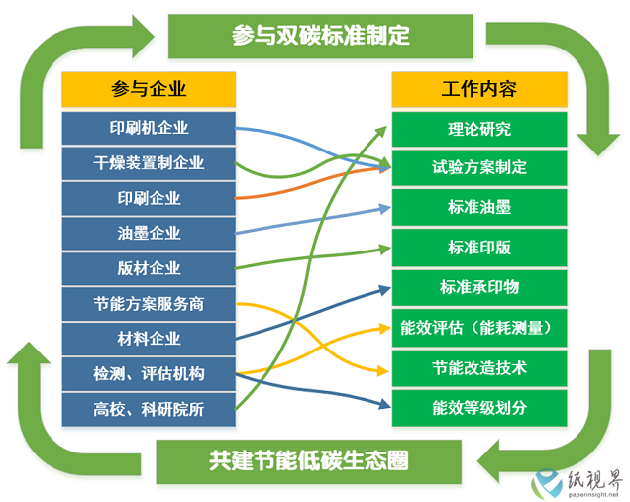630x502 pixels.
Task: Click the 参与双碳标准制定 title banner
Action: tap(320, 37)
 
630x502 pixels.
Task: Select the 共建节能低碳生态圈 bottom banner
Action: tap(309, 461)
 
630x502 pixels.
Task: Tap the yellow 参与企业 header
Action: tap(149, 89)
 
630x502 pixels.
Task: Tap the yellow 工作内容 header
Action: tap(479, 89)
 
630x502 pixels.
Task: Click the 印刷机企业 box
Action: tap(149, 128)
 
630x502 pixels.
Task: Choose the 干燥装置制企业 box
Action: tap(149, 163)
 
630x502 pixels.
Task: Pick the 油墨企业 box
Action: tap(149, 234)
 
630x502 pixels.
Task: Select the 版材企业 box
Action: tap(149, 268)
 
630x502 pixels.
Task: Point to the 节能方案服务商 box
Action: tap(149, 304)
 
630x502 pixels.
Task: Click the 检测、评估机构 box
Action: tap(149, 374)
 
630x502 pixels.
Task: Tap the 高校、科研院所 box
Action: tap(149, 409)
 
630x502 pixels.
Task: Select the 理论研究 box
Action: tap(479, 129)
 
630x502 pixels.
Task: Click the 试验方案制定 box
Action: tap(479, 167)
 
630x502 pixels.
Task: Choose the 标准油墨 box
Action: tap(479, 207)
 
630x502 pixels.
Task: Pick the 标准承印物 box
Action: tap(479, 287)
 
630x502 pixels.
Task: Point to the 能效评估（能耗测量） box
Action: tap(479, 328)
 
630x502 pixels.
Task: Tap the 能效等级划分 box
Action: tap(479, 408)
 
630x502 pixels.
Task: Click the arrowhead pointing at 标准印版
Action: tap(385, 249)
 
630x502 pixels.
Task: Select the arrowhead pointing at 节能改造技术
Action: tap(383, 371)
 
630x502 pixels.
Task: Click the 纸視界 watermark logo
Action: tap(577, 483)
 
